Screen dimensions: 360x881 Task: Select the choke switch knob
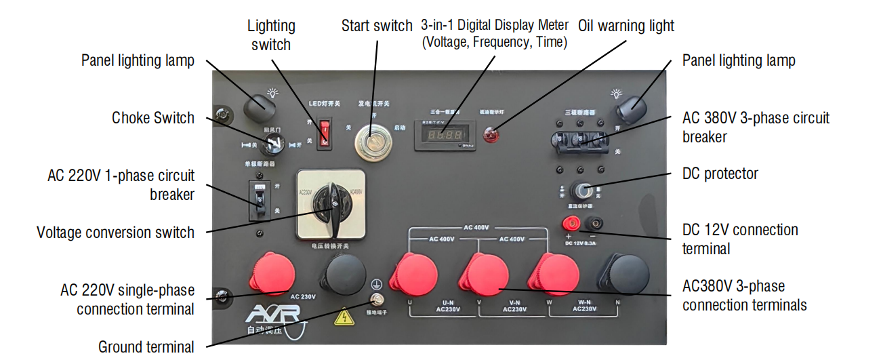point(272,142)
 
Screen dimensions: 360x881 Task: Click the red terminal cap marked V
point(484,277)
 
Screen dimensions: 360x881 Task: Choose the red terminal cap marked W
point(554,276)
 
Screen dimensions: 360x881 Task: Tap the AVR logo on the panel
point(273,317)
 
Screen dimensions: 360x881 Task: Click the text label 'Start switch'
point(376,26)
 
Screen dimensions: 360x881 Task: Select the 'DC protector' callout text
point(720,174)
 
